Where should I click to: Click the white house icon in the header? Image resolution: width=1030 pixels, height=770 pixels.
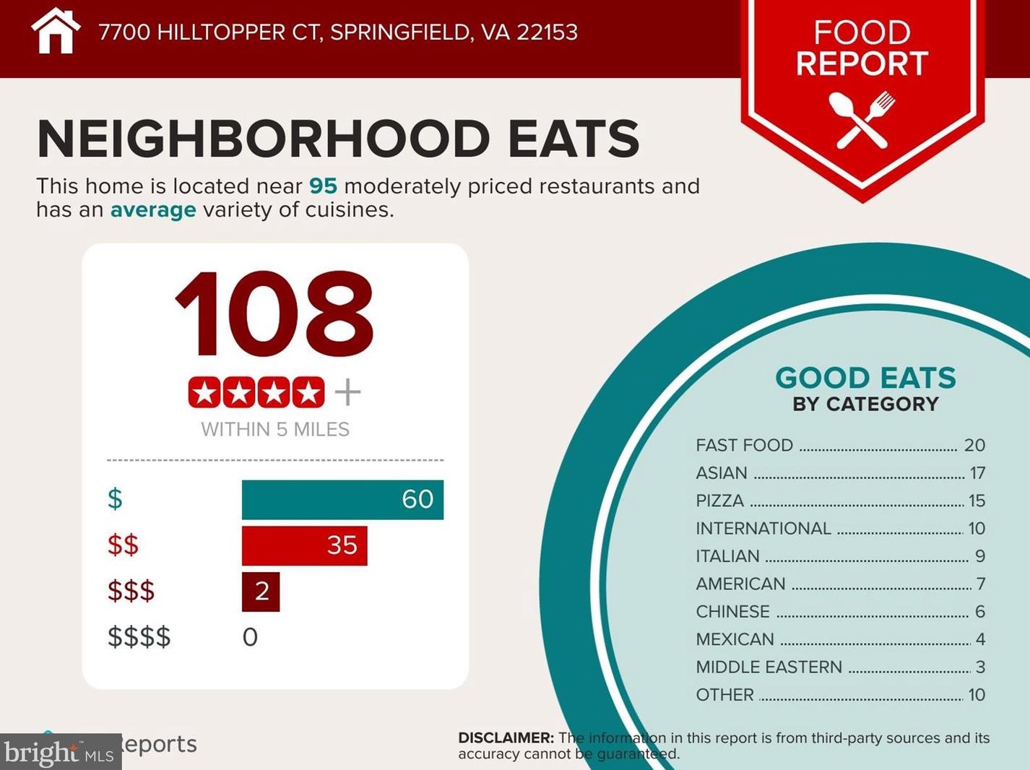click(55, 32)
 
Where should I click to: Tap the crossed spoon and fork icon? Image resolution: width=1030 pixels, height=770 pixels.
click(862, 121)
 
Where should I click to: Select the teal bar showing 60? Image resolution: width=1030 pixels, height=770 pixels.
click(342, 499)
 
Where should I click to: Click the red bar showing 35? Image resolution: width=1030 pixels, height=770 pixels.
click(304, 545)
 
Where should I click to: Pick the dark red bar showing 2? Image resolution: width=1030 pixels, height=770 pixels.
click(261, 592)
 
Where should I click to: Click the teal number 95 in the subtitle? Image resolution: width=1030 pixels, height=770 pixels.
click(323, 186)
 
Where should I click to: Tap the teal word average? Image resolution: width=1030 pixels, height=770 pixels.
click(153, 210)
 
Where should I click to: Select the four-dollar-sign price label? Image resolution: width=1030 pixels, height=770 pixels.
click(139, 637)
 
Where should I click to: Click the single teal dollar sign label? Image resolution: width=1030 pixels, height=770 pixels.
click(115, 499)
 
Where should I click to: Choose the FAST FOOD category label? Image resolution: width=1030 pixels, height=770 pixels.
click(744, 446)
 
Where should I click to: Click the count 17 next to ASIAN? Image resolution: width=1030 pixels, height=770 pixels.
click(977, 473)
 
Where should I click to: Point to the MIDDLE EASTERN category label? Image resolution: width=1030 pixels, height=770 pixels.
click(769, 667)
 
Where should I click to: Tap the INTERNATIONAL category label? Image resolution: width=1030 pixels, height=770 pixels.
click(763, 529)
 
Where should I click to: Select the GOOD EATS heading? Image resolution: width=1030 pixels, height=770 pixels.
click(865, 378)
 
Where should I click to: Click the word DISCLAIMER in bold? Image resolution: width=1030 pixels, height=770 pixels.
click(506, 738)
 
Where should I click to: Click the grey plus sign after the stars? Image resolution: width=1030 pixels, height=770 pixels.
click(347, 392)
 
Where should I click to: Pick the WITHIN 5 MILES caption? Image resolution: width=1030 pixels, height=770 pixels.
click(275, 430)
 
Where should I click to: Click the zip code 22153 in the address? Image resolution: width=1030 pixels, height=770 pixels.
click(547, 33)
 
